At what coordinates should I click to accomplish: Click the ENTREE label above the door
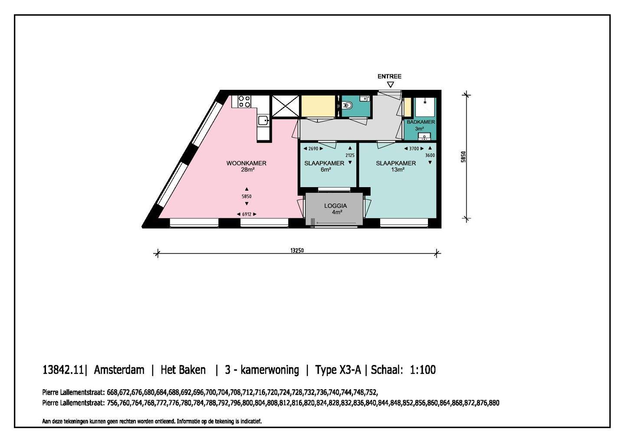[389, 76]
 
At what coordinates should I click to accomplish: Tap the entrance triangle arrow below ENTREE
[390, 85]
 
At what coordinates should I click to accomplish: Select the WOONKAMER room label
[247, 163]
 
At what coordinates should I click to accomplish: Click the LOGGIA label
[336, 206]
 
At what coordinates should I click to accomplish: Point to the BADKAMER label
[421, 122]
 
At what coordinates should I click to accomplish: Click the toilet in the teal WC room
[347, 106]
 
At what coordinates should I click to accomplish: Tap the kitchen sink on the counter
[263, 121]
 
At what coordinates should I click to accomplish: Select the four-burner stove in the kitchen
[244, 101]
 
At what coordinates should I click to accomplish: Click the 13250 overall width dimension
[297, 251]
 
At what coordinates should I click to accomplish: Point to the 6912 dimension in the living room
[247, 214]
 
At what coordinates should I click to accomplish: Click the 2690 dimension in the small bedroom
[313, 149]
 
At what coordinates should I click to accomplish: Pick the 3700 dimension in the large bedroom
[414, 149]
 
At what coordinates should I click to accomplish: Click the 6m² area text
[326, 170]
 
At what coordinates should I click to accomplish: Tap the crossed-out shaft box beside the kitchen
[285, 106]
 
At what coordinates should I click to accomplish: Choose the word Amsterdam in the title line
[119, 370]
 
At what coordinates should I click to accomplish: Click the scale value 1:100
[423, 370]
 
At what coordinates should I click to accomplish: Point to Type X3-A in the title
[338, 370]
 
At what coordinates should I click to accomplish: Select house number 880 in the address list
[494, 403]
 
